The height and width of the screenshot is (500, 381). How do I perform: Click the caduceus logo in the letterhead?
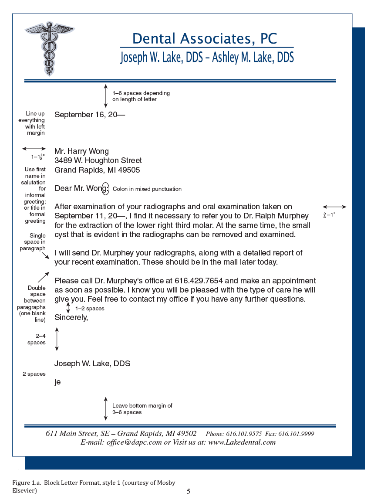tap(49, 47)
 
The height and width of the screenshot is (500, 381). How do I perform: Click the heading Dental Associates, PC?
tap(205, 38)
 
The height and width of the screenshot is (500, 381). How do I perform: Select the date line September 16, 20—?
tap(90, 115)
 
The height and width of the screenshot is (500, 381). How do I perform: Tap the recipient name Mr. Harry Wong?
tap(81, 151)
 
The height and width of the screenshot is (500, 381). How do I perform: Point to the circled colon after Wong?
tap(105, 188)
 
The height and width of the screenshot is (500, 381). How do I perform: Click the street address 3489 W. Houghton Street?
tap(98, 161)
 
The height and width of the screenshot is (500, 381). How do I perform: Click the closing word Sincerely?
tap(71, 318)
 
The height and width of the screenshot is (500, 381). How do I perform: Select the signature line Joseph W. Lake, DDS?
tap(92, 364)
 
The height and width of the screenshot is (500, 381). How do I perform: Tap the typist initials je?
tap(57, 382)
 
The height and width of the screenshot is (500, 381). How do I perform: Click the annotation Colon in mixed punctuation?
tap(147, 189)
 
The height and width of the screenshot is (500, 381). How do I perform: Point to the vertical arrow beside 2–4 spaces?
tap(57, 339)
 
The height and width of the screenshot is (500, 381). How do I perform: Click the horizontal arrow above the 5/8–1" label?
tap(334, 207)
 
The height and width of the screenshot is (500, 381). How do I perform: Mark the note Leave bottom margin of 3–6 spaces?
tap(142, 409)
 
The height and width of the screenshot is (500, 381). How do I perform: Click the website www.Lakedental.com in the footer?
tap(242, 442)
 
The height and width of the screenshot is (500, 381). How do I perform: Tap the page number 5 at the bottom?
tap(189, 492)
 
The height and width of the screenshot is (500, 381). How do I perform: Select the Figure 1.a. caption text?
tap(93, 486)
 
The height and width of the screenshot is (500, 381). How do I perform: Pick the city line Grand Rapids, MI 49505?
tap(97, 170)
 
